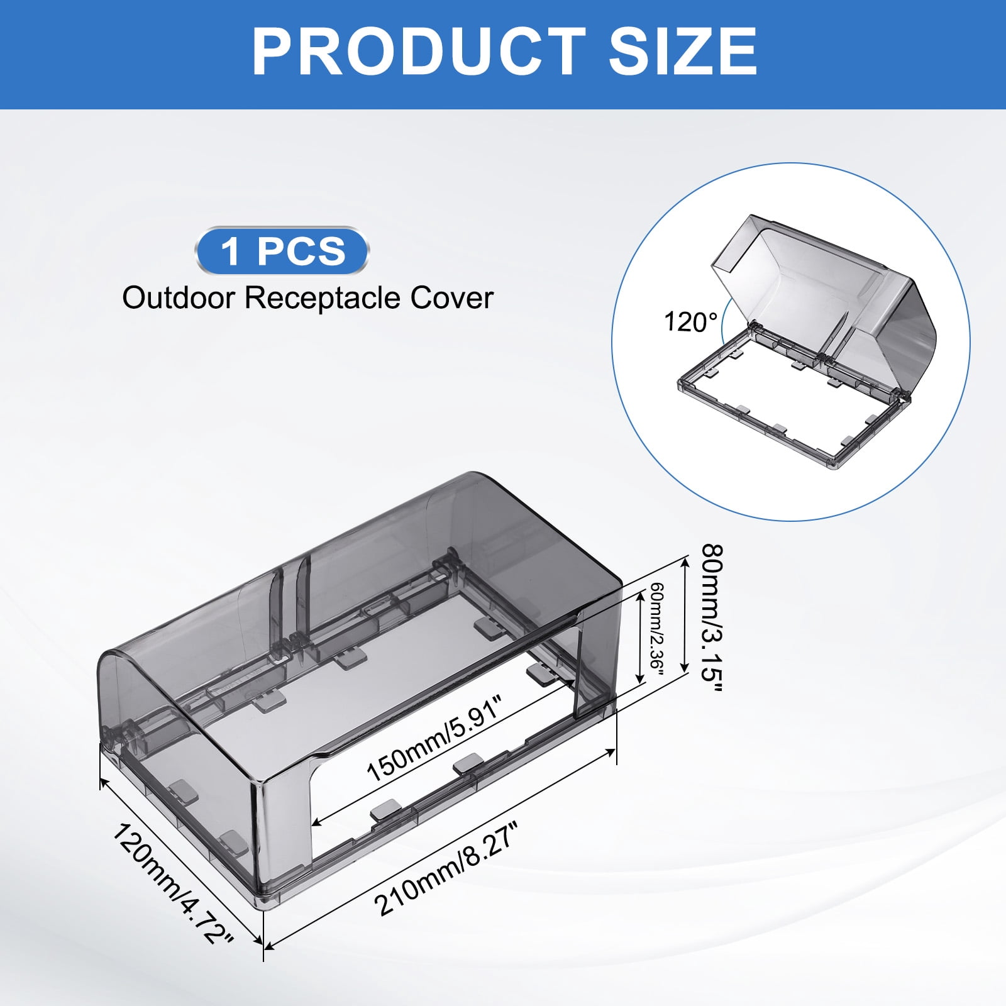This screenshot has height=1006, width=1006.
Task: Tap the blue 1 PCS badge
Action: tap(282, 251)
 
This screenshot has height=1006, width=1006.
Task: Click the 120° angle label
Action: tap(691, 322)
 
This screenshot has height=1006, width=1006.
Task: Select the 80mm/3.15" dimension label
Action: tap(712, 619)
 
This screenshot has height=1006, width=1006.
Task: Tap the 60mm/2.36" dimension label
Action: tap(657, 629)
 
